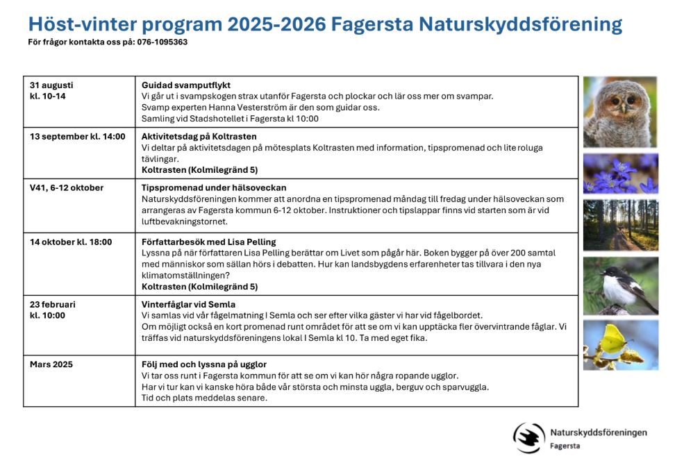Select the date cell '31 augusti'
point(51,85)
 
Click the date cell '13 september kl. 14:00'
point(78,136)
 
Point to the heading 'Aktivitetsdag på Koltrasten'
point(199,136)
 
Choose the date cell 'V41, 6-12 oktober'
point(67,187)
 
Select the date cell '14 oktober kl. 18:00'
point(71,242)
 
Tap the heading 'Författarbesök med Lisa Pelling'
point(209,242)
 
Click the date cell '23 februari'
point(53,304)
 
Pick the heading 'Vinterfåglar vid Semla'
point(188,304)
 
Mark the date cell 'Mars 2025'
point(51,364)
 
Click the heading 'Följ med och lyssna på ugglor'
point(204,364)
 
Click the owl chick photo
point(620,111)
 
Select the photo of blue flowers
point(620,174)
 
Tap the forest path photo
point(620,225)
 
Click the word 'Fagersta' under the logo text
point(565,446)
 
